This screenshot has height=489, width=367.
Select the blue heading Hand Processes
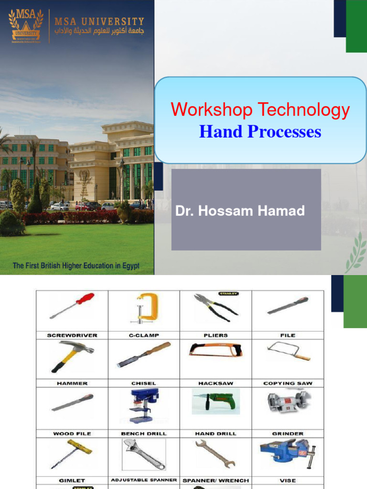point(260,131)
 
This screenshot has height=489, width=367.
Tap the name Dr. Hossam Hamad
point(240,211)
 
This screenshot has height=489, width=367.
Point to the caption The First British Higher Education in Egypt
point(76,266)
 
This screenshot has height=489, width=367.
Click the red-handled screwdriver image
point(72,306)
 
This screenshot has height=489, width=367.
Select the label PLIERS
point(216,335)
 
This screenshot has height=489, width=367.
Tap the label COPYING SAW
point(288,383)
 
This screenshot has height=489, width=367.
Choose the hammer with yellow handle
point(72,356)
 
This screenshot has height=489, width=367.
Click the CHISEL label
point(144,383)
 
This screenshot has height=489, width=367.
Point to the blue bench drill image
point(144,405)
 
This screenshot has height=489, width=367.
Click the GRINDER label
point(288,434)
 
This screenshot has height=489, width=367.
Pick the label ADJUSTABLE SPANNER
point(144,479)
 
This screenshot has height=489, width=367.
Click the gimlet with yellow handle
point(72,454)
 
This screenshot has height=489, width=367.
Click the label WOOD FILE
point(72,434)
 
